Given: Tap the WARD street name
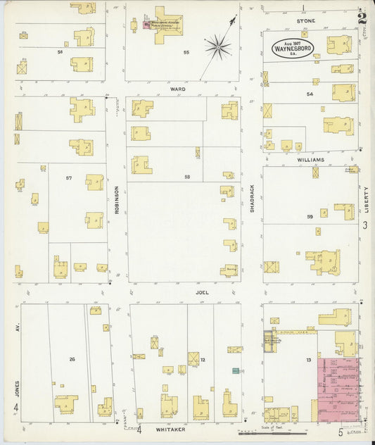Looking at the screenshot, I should click(x=177, y=89).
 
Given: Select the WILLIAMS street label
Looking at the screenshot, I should click(x=310, y=160).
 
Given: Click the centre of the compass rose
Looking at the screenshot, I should click(x=218, y=47).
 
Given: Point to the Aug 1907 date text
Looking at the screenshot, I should click(x=294, y=42).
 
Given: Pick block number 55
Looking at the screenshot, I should click(x=186, y=53).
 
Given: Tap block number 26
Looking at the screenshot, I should click(x=72, y=359).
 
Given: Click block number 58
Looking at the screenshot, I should click(x=187, y=177).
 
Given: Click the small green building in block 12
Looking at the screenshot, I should click(x=235, y=370).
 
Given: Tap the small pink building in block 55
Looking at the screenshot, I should click(x=146, y=25).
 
